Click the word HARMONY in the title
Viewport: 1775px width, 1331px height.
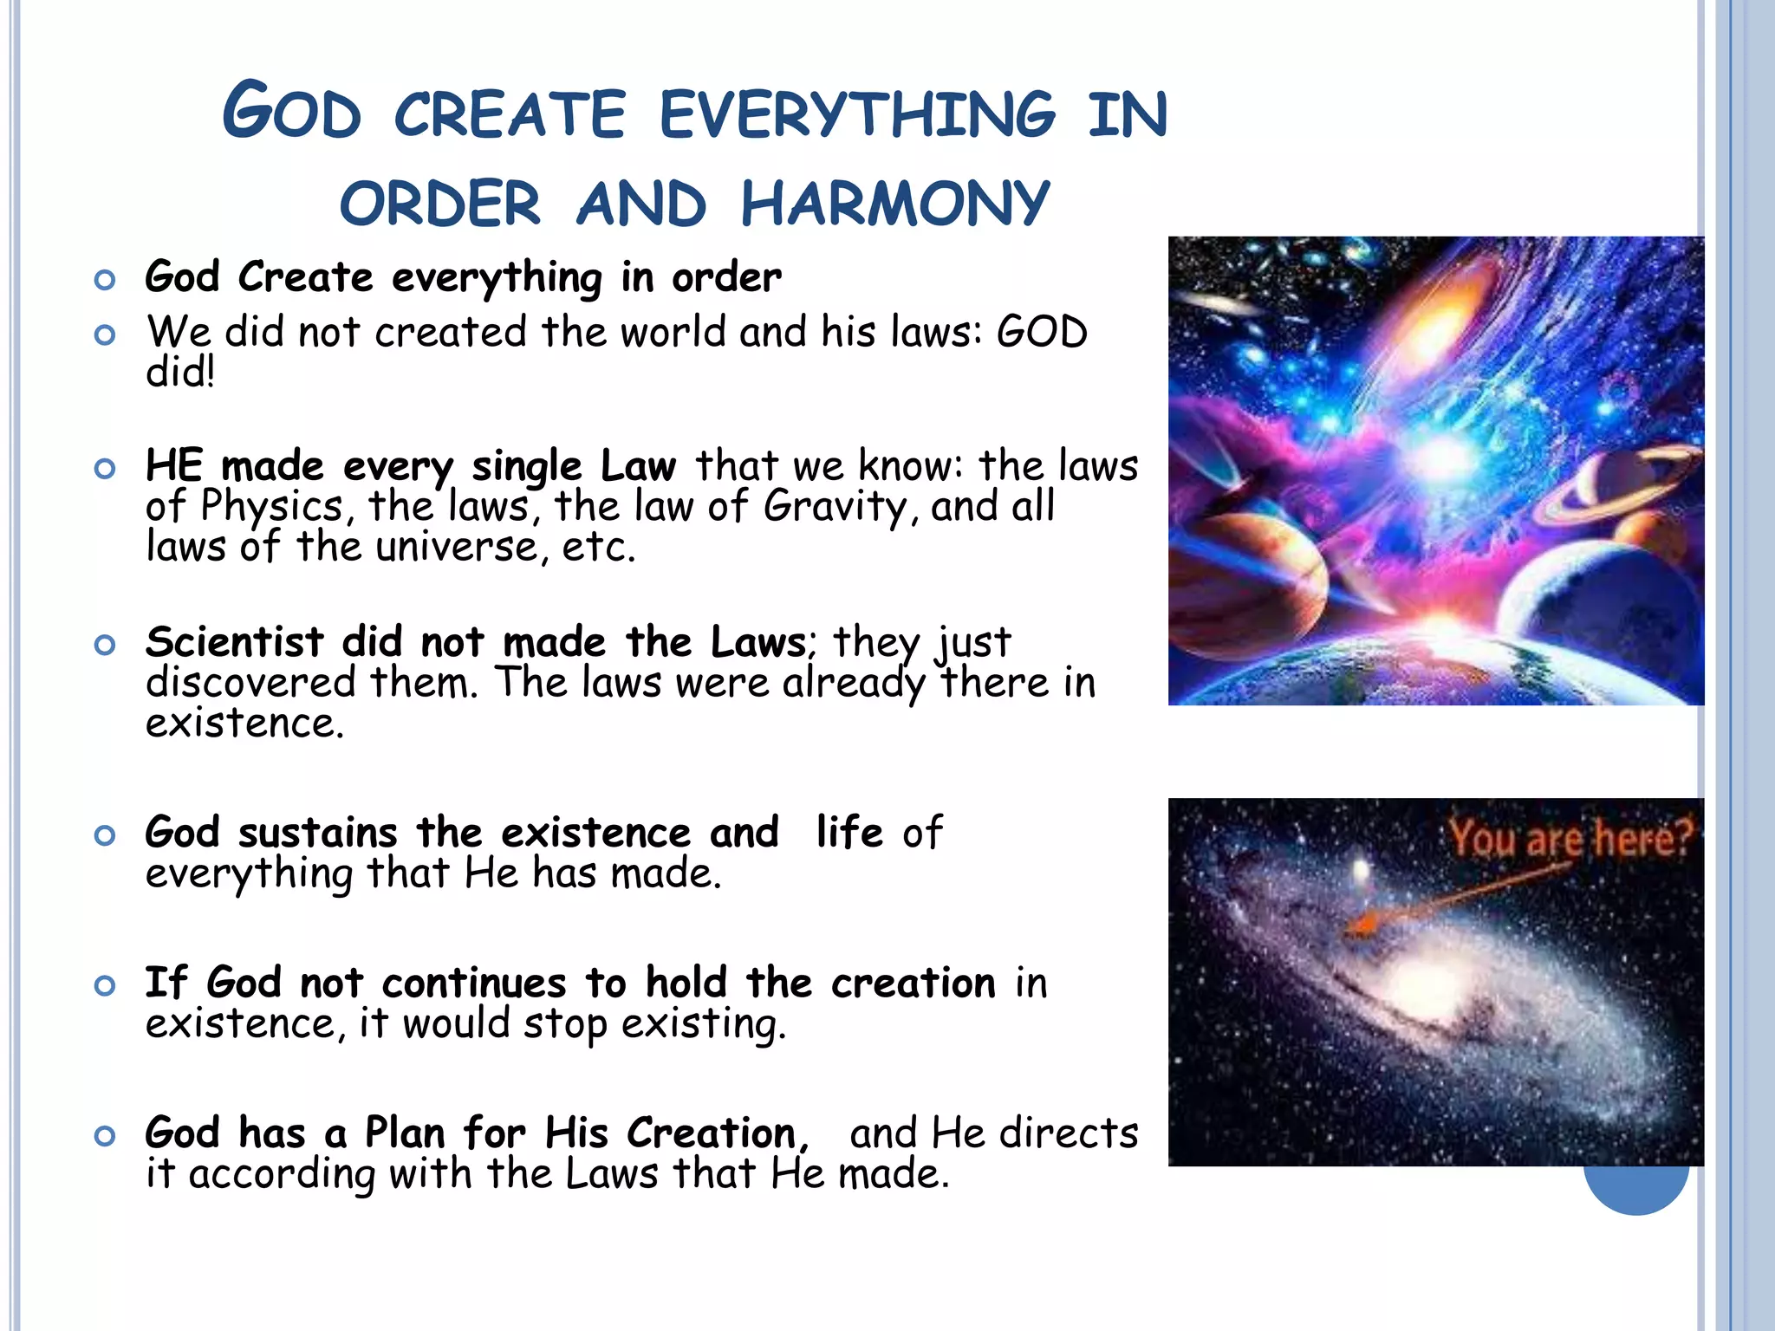[x=894, y=205]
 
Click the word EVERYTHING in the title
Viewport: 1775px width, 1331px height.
[x=857, y=114]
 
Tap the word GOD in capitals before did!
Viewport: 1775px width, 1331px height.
[x=1042, y=332]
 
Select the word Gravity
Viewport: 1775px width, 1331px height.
[x=835, y=506]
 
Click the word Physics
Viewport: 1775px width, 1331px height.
[x=272, y=506]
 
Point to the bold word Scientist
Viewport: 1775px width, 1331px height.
[x=234, y=642]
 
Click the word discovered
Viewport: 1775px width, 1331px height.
[x=250, y=683]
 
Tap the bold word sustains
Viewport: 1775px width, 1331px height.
[x=317, y=833]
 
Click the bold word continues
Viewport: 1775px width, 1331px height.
[x=473, y=983]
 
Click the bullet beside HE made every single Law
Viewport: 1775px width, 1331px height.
[x=105, y=469]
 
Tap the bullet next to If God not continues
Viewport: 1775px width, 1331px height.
[x=105, y=985]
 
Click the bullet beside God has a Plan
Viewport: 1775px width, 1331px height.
[x=105, y=1135]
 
